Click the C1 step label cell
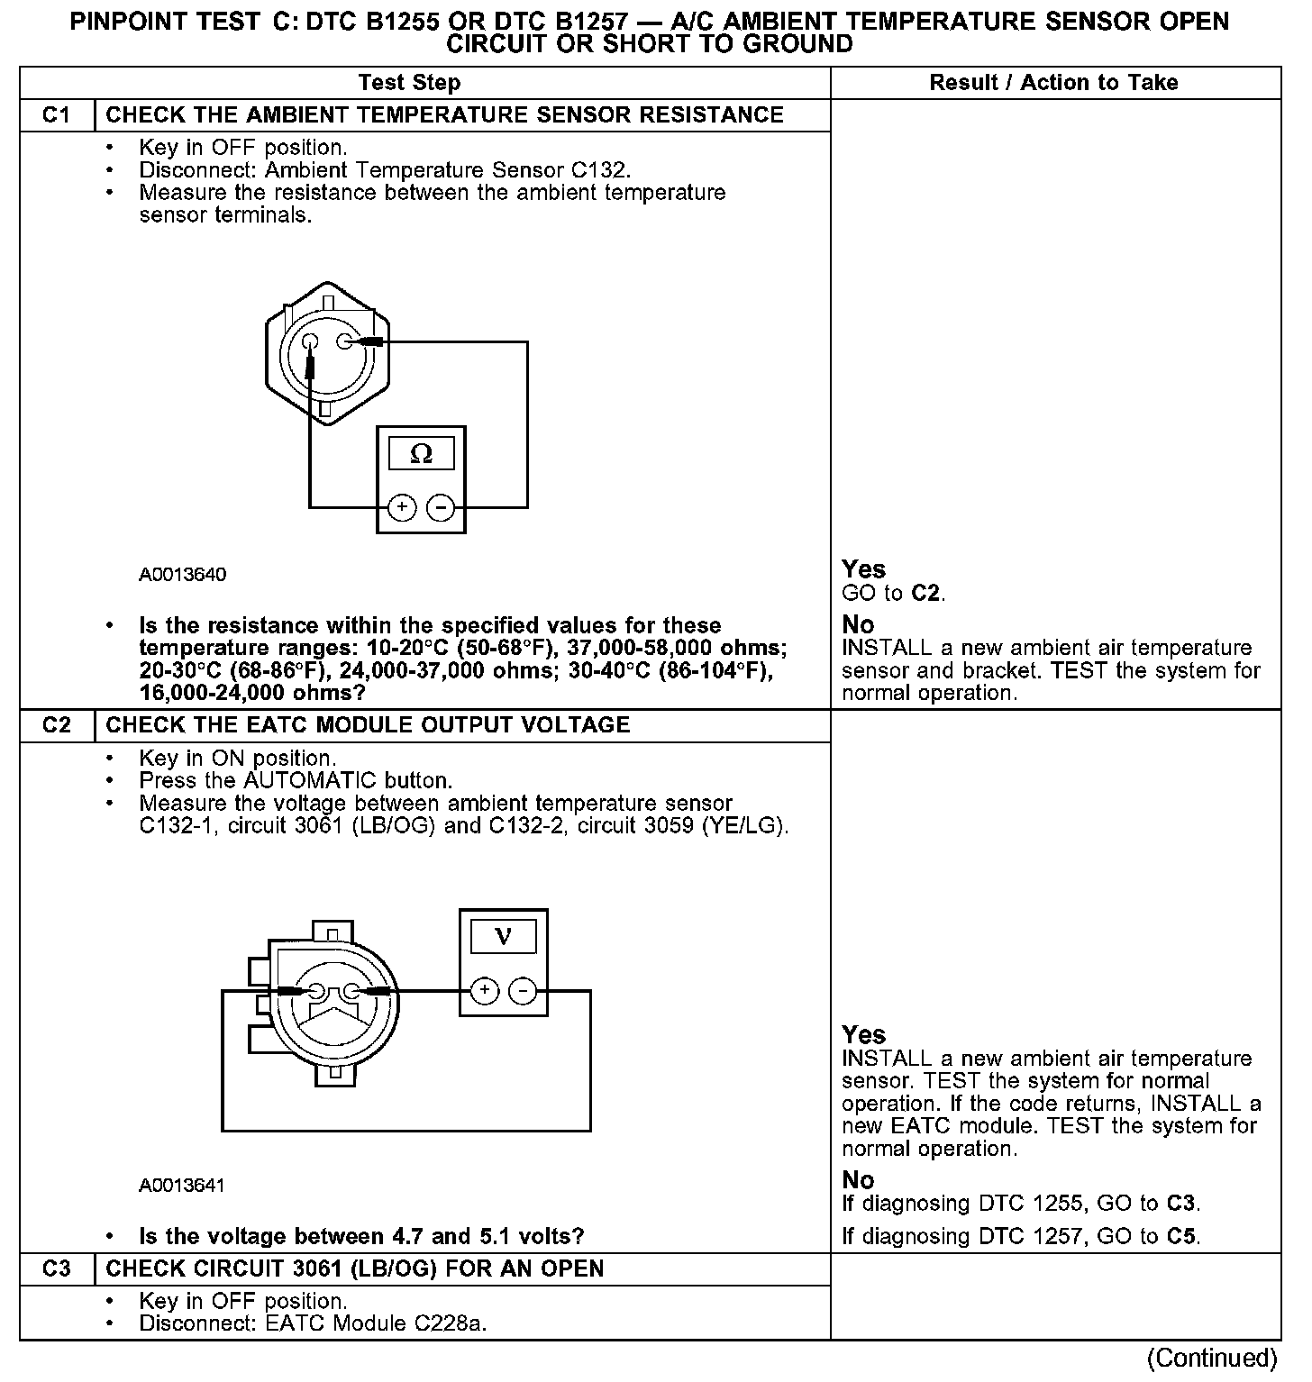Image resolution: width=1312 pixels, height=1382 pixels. (x=56, y=115)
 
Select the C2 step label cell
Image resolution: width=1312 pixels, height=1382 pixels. (x=56, y=725)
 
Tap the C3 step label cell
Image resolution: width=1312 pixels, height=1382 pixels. (x=56, y=1268)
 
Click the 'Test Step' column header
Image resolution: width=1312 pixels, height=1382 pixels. (x=409, y=83)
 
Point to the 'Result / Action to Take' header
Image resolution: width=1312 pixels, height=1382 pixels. (x=1053, y=83)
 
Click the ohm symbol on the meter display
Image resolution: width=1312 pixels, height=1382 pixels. (x=421, y=454)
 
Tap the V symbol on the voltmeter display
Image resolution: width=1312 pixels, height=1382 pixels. (x=504, y=937)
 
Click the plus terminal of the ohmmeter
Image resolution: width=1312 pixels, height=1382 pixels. (x=402, y=508)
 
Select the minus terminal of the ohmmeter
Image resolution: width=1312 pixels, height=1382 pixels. (x=441, y=508)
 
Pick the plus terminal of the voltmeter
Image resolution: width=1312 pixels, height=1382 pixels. (x=485, y=991)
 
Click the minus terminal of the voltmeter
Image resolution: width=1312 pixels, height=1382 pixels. (x=524, y=991)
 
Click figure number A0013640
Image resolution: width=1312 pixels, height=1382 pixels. (x=182, y=575)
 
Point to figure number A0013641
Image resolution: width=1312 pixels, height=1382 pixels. (x=182, y=1186)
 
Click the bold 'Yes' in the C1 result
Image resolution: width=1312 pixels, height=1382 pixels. (x=863, y=569)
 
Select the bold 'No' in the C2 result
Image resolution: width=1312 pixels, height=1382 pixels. (x=858, y=1180)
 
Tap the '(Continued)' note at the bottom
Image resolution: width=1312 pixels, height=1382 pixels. (x=1212, y=1358)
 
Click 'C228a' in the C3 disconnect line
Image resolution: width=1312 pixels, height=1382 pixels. (x=449, y=1323)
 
